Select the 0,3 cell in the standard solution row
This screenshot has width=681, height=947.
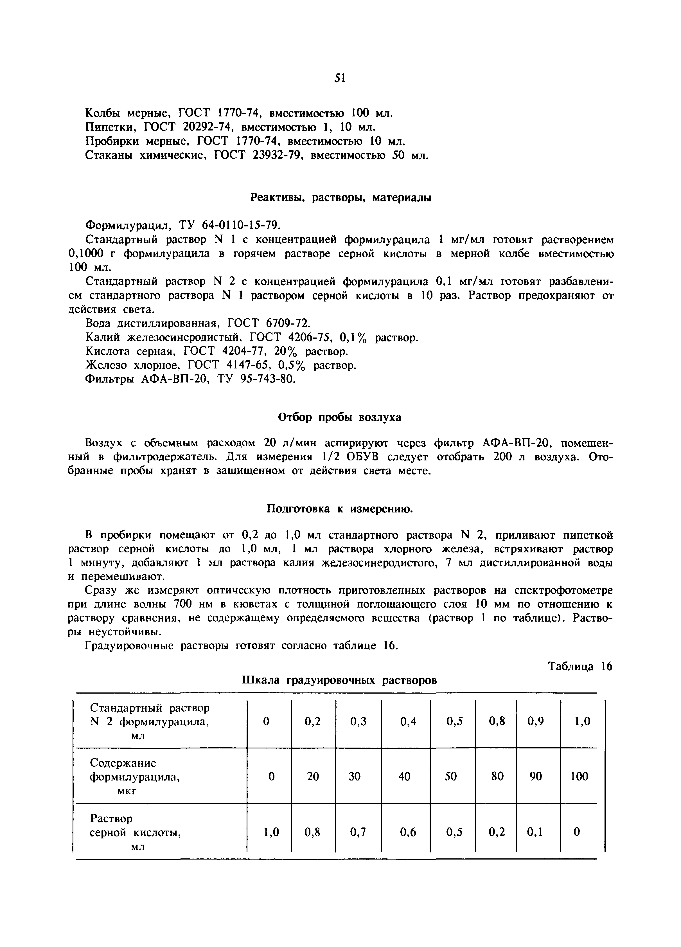(x=358, y=721)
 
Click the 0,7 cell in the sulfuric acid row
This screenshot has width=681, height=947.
(x=358, y=832)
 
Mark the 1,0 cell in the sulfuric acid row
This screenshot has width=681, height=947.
(x=271, y=832)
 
